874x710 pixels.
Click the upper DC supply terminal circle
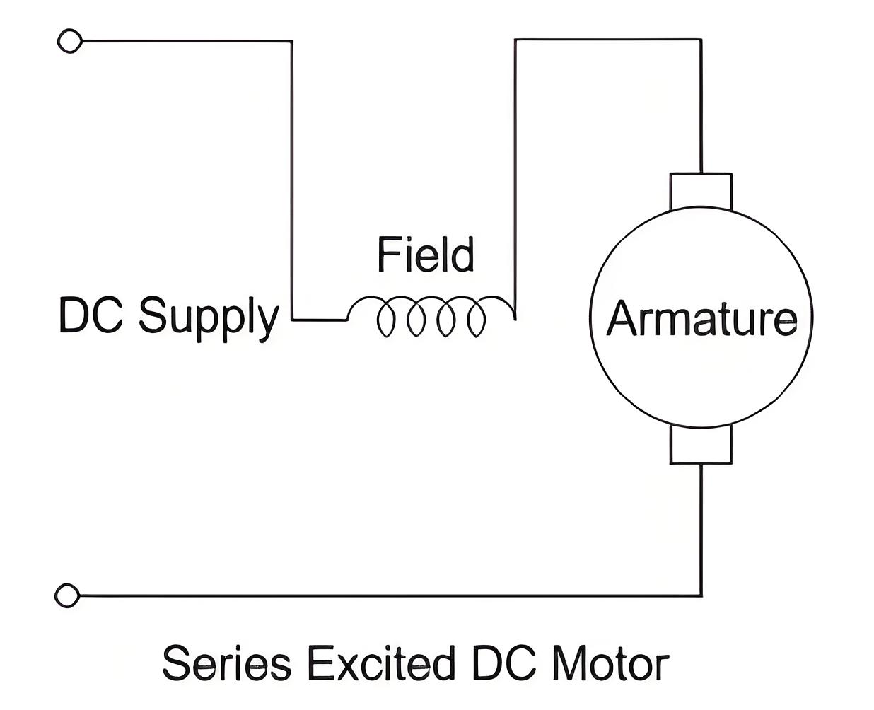(x=70, y=40)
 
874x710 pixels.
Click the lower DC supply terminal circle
(x=67, y=595)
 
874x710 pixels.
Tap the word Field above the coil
(x=426, y=254)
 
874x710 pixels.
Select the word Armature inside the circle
(x=701, y=318)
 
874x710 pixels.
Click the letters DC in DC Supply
(x=91, y=315)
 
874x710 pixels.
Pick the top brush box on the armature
(x=701, y=192)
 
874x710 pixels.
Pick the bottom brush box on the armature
(x=701, y=445)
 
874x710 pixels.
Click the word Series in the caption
(x=227, y=663)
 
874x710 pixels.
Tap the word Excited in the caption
(x=382, y=663)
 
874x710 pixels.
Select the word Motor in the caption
(x=611, y=663)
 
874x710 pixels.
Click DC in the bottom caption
(x=504, y=663)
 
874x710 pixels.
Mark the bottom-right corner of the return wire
(x=701, y=595)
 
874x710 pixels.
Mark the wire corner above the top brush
(x=701, y=40)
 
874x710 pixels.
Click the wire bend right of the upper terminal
(x=292, y=41)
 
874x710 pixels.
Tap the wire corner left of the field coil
(x=292, y=320)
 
